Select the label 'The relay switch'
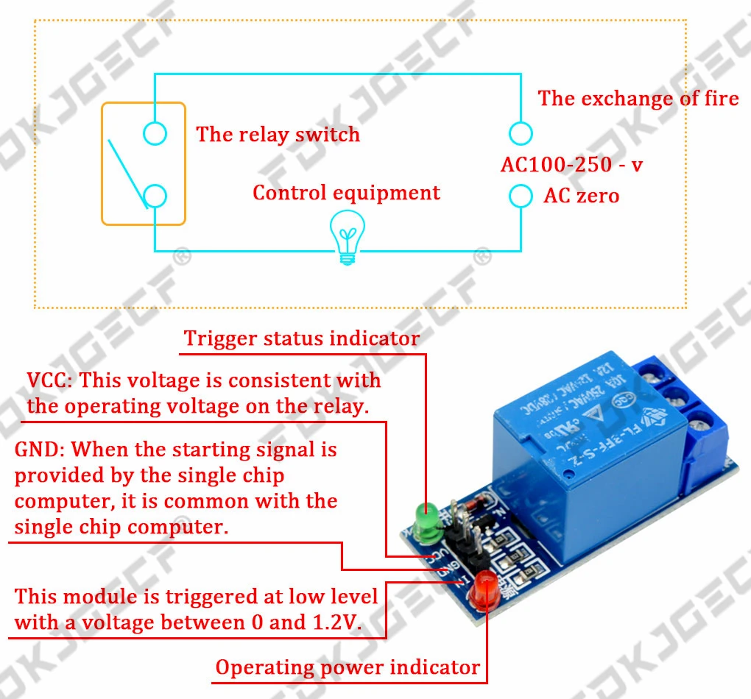click(278, 135)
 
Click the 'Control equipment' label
click(346, 193)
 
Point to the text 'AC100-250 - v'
click(571, 164)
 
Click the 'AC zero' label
click(581, 196)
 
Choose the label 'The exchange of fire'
click(638, 99)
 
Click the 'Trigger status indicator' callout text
click(301, 338)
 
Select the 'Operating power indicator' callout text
click(348, 667)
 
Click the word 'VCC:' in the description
click(50, 380)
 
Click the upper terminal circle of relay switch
click(155, 133)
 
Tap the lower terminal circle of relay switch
click(155, 196)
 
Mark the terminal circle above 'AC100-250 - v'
click(521, 133)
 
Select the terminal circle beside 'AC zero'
click(521, 196)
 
